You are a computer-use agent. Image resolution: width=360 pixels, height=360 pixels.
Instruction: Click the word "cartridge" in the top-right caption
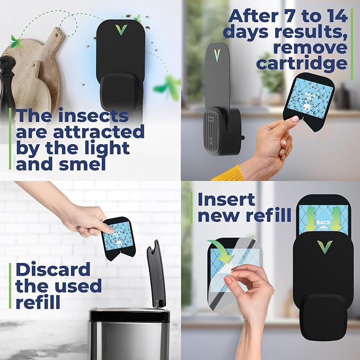(x=302, y=63)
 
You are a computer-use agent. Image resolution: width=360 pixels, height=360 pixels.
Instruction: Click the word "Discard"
(x=53, y=269)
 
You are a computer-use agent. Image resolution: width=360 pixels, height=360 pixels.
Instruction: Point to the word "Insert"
(x=226, y=199)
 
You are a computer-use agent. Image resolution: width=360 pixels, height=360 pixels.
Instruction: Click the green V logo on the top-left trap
(x=121, y=30)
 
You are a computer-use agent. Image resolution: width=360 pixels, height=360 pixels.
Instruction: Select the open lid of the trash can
(x=156, y=274)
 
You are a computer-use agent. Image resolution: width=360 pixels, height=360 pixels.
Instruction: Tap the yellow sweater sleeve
(x=227, y=173)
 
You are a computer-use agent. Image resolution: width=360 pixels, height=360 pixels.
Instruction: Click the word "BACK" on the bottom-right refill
(x=323, y=222)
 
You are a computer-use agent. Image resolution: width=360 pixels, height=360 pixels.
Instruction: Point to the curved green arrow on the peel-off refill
(x=221, y=250)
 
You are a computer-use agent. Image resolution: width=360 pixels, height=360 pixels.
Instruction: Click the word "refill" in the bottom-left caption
(x=38, y=301)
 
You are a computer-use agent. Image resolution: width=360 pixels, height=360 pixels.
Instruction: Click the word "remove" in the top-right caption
(x=310, y=47)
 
